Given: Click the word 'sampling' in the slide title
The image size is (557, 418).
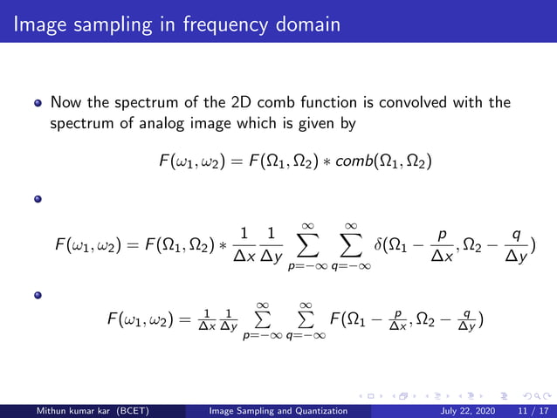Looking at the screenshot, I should [x=105, y=22].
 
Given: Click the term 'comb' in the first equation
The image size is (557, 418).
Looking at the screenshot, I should [x=356, y=162].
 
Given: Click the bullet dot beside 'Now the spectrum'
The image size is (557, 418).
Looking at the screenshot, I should [x=38, y=104].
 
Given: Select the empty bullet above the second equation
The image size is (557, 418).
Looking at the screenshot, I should [x=38, y=198].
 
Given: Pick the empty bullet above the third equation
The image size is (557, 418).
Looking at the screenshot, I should [x=38, y=293].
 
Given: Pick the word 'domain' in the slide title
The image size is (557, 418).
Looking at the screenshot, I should [x=304, y=22].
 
